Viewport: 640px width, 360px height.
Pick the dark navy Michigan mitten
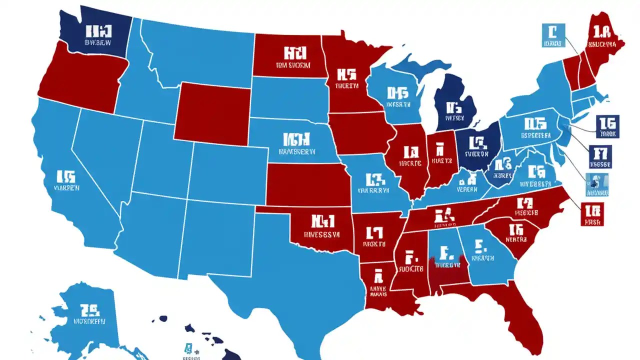pyautogui.click(x=452, y=107)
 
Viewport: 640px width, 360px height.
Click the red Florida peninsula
pyautogui.click(x=520, y=320)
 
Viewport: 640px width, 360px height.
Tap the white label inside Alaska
pyautogui.click(x=90, y=315)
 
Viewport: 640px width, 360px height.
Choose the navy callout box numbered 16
pyautogui.click(x=607, y=126)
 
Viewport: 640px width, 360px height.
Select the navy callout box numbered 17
pyautogui.click(x=600, y=156)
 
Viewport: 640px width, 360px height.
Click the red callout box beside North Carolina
pyautogui.click(x=593, y=213)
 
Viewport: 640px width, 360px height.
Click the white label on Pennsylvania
pyautogui.click(x=534, y=128)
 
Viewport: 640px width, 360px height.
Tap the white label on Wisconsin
pyautogui.click(x=398, y=97)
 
